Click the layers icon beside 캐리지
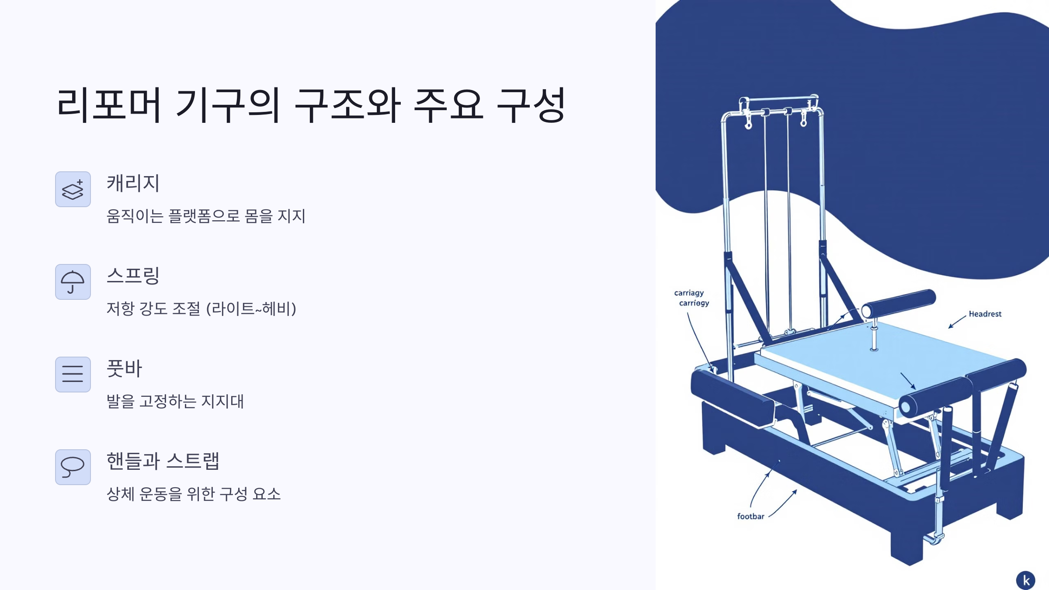tap(73, 189)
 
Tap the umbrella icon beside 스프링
tap(73, 282)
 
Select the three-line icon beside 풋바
tap(73, 375)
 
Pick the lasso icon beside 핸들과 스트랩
tap(73, 467)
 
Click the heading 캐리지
tap(133, 183)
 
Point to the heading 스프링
tap(133, 276)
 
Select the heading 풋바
tap(124, 368)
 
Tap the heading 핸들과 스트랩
tap(163, 461)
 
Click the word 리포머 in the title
tap(109, 105)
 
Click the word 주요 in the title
tap(448, 105)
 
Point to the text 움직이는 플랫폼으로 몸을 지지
tap(206, 216)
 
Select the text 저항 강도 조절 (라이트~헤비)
tap(201, 309)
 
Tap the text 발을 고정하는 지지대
tap(175, 401)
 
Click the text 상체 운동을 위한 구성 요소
tap(193, 494)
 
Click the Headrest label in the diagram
tap(985, 314)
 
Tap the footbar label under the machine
tap(750, 516)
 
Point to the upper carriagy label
tap(689, 293)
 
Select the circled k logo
tap(1025, 580)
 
